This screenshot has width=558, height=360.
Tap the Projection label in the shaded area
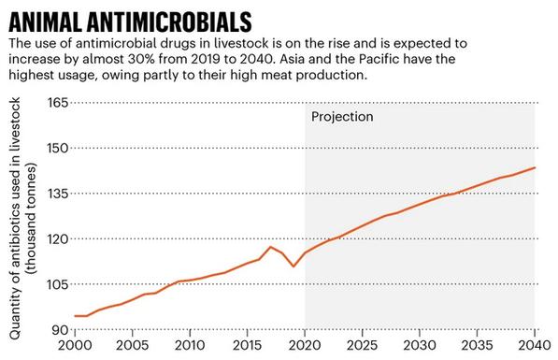[x=342, y=117]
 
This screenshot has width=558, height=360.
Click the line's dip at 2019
[x=293, y=266]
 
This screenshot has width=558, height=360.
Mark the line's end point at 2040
[x=534, y=168]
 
